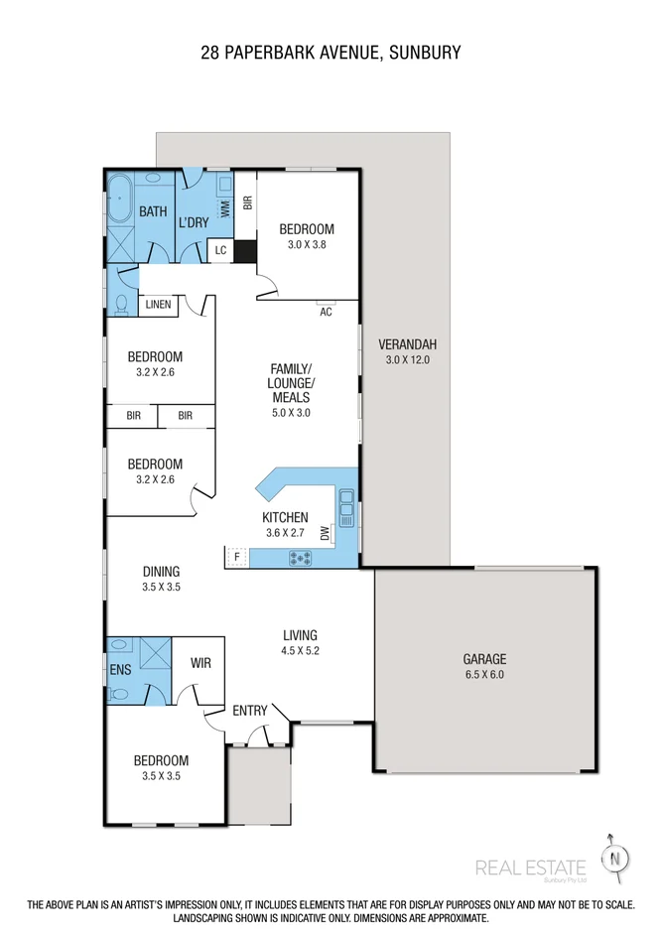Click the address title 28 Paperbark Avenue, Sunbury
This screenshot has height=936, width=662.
click(x=331, y=52)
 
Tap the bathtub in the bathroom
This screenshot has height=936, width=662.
click(x=121, y=202)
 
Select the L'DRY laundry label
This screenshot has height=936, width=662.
click(x=194, y=222)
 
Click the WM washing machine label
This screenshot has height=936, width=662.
click(x=225, y=208)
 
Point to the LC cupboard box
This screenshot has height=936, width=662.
click(x=220, y=250)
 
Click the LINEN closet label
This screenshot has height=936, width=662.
click(x=159, y=304)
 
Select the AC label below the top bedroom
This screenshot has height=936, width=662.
click(x=326, y=312)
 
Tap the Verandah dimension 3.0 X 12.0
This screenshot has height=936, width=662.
click(x=407, y=360)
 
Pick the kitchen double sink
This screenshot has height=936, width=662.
click(x=346, y=508)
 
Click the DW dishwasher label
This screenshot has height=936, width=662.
click(x=325, y=534)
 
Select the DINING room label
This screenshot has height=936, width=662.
click(x=161, y=571)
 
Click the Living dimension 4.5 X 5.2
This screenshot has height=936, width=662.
click(x=299, y=651)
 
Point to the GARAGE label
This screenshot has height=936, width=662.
click(x=484, y=658)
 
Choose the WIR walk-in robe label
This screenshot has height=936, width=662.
click(x=199, y=664)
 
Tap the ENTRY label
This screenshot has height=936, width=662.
click(x=250, y=711)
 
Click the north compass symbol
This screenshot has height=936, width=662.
click(x=615, y=857)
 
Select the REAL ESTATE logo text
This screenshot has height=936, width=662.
click(x=531, y=868)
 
